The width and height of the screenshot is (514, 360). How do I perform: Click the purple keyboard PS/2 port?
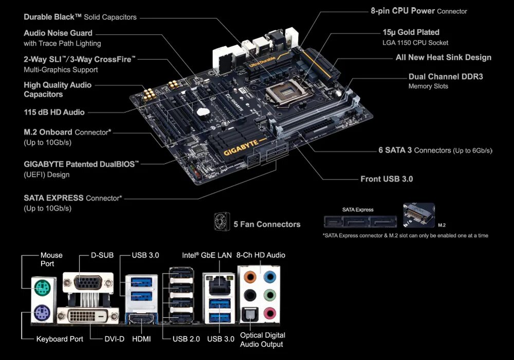click(41, 312)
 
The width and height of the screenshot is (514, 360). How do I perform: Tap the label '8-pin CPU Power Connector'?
click(419, 11)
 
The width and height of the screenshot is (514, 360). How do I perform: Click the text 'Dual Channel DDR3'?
click(446, 77)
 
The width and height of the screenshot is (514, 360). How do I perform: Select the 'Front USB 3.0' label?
click(387, 179)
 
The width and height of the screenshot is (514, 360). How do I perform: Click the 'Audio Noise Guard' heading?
click(58, 33)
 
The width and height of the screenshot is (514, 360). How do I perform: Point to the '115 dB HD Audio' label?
click(54, 112)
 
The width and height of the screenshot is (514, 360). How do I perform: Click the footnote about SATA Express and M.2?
click(405, 236)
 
